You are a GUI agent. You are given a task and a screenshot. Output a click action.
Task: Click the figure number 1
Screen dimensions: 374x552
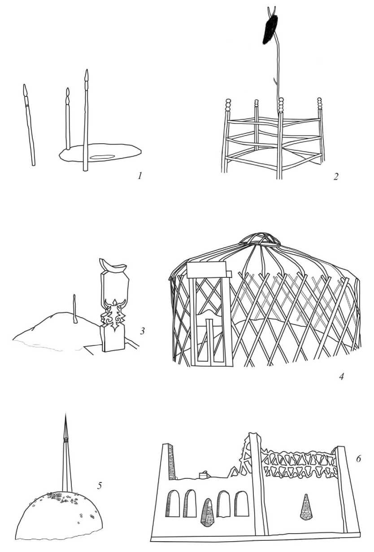click(139, 176)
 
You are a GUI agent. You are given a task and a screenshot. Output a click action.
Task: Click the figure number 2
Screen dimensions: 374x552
click(336, 176)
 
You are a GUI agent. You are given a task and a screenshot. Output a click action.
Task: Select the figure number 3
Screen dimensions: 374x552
click(142, 331)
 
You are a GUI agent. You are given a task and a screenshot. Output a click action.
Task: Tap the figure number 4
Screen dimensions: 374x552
click(341, 376)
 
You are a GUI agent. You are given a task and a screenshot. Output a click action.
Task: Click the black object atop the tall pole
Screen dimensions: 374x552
click(270, 29)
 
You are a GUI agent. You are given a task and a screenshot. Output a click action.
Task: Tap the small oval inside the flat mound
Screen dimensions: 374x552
click(102, 157)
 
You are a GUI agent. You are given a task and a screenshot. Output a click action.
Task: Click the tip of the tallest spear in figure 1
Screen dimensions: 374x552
click(87, 70)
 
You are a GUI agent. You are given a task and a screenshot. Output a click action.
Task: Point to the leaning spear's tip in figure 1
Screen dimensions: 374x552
click(24, 85)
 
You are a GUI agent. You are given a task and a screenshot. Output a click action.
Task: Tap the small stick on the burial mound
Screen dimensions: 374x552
click(74, 308)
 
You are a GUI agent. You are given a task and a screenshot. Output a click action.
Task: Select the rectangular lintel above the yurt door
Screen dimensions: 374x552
click(207, 269)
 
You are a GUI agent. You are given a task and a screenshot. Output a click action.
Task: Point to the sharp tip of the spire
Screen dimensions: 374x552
click(65, 413)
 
